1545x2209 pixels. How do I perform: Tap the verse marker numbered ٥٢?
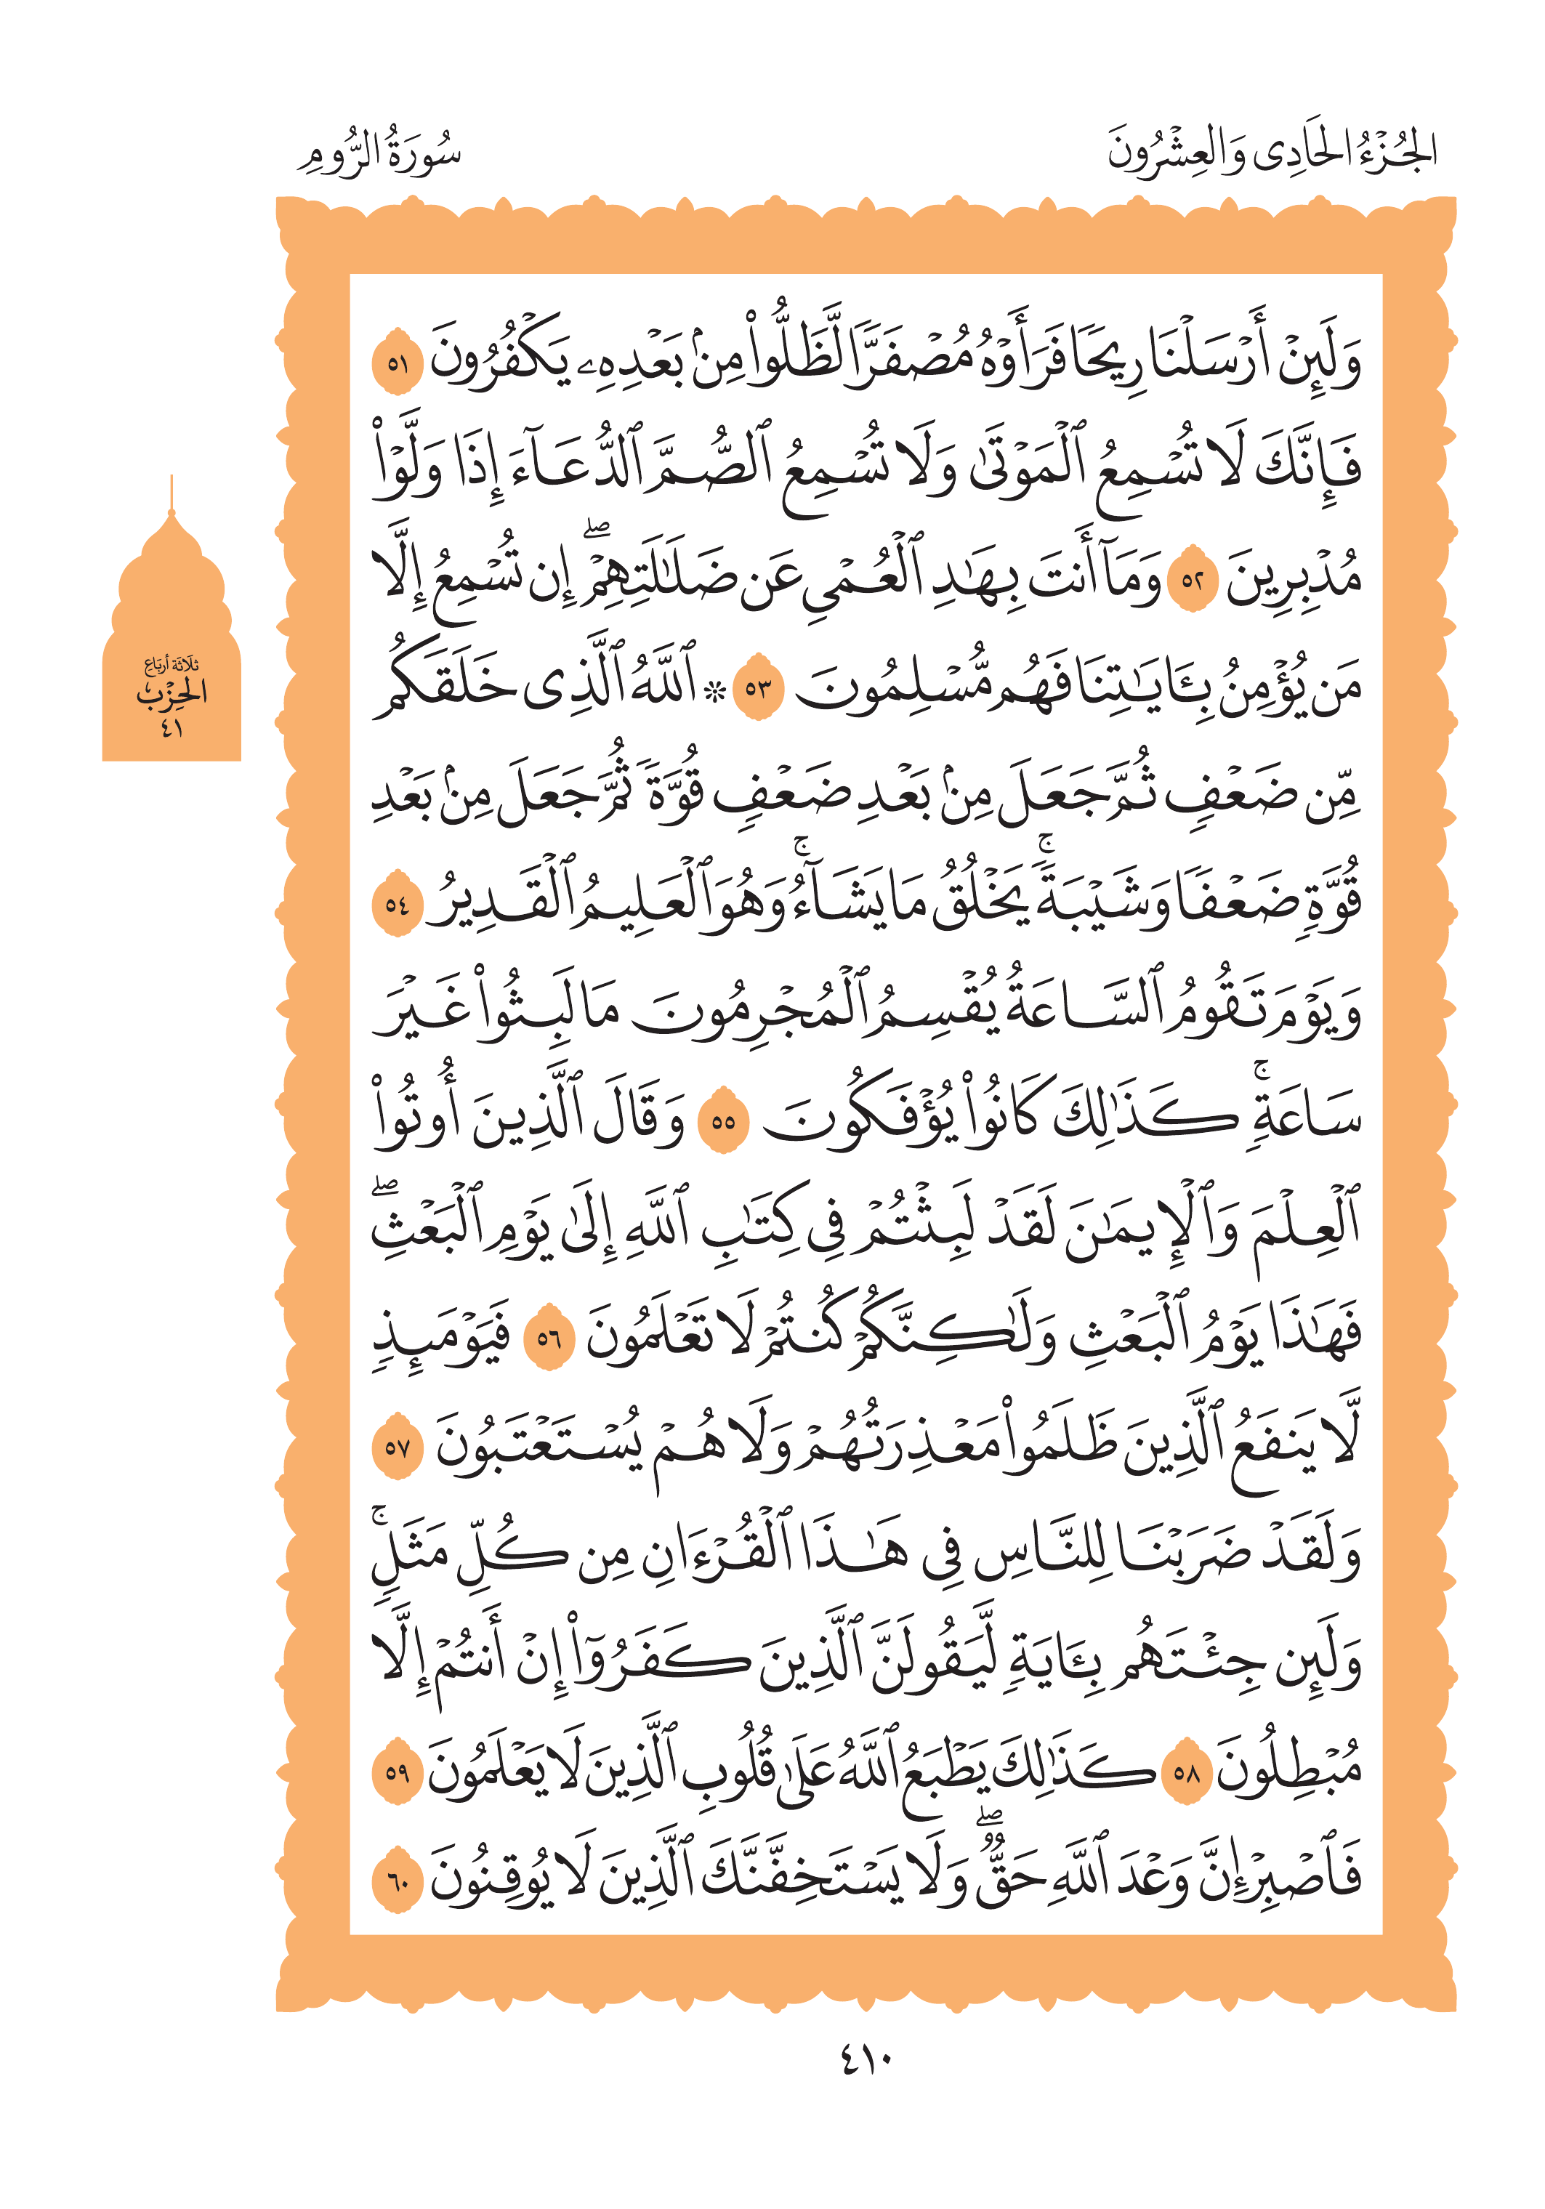1193,580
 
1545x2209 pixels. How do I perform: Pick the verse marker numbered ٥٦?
549,1337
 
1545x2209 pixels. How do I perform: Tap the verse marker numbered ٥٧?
398,1446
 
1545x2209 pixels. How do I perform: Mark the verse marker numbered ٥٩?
398,1770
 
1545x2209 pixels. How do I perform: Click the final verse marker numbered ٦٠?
398,1879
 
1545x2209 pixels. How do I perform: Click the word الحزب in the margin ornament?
172,692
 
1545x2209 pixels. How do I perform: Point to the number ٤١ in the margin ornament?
172,727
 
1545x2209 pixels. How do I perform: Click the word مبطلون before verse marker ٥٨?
1289,1770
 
